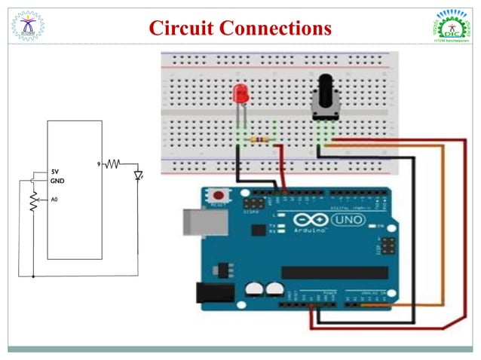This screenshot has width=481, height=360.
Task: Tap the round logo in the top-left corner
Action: click(x=27, y=24)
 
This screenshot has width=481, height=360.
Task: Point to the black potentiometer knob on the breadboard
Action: click(x=326, y=96)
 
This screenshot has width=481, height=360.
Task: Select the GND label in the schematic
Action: click(x=57, y=182)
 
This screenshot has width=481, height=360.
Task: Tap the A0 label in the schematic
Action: click(x=54, y=200)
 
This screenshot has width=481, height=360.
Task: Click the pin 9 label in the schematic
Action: click(x=99, y=163)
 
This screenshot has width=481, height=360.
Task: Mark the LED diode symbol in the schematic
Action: click(x=138, y=175)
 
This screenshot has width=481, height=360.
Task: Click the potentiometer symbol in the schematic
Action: click(x=33, y=201)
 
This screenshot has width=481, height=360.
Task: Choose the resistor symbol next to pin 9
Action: click(x=113, y=163)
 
